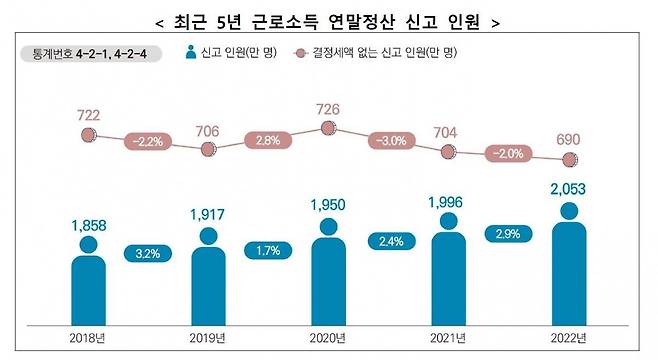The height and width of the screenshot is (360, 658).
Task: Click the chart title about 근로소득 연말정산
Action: [328, 19]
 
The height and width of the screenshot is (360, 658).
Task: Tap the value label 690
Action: [569, 138]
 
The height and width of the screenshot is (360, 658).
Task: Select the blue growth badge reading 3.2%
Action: [148, 253]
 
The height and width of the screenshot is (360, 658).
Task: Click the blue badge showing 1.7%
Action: [268, 249]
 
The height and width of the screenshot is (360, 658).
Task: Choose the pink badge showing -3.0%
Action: [390, 141]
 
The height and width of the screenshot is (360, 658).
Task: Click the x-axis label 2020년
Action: [329, 338]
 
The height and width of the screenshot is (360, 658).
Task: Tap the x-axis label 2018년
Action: [88, 338]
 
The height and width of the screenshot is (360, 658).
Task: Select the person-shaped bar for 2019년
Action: [208, 285]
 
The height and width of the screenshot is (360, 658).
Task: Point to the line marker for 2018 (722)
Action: [88, 148]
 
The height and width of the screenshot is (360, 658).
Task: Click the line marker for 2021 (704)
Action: [449, 152]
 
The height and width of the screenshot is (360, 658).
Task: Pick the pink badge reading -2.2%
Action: [148, 142]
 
